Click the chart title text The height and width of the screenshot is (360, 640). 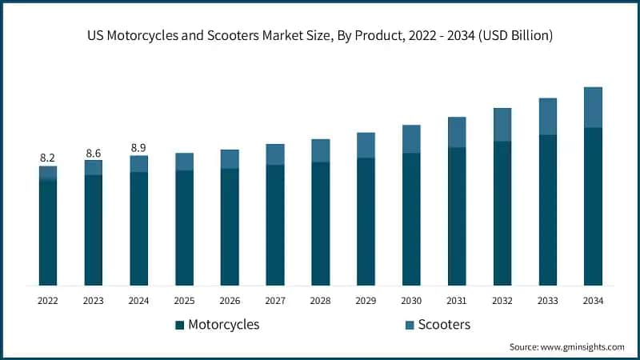(x=320, y=36)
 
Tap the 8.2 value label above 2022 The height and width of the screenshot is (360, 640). (x=48, y=158)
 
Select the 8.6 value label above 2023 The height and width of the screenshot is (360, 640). (x=94, y=152)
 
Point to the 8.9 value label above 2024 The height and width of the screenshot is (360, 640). (x=139, y=147)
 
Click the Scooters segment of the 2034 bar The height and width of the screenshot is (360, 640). (x=593, y=107)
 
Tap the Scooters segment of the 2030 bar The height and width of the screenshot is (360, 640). (x=411, y=139)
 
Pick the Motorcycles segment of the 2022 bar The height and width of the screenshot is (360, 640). (x=48, y=232)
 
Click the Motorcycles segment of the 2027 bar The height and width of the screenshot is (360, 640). (x=275, y=224)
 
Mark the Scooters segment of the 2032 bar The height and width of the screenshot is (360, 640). (x=502, y=125)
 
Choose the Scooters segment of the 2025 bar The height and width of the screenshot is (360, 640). (x=184, y=162)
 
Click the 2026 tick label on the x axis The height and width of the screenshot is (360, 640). (x=230, y=301)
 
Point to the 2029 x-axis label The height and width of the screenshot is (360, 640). (x=366, y=301)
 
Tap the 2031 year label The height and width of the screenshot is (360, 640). (x=457, y=301)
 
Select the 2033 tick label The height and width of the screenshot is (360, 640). (x=547, y=301)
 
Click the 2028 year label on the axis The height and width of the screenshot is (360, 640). (x=320, y=301)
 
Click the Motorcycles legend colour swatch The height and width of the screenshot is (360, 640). (x=179, y=325)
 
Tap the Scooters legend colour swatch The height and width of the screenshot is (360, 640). (x=409, y=325)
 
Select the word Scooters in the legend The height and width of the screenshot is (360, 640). (x=444, y=325)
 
